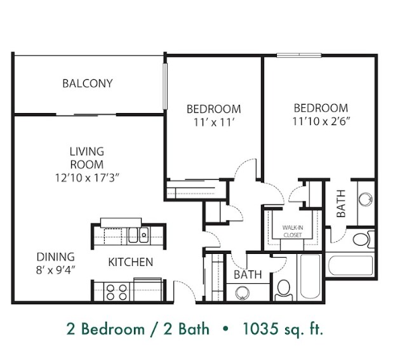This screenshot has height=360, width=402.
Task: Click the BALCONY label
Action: (88, 83)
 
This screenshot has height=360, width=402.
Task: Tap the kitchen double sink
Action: (138, 236)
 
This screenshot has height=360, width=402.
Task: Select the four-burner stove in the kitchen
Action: (116, 291)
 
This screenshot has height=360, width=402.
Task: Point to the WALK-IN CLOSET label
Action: (293, 229)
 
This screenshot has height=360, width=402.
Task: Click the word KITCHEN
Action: (130, 262)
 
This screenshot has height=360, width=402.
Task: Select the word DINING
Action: (55, 257)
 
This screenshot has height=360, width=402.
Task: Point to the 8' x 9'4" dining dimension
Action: (55, 270)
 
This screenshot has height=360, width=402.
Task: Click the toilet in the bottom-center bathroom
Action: (284, 290)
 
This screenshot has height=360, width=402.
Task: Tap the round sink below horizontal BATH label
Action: (243, 293)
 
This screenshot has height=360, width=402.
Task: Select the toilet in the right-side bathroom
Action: (362, 239)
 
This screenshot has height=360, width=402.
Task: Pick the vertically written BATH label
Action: (341, 204)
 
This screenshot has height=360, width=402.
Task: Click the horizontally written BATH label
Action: (248, 275)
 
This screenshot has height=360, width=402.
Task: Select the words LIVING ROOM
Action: (87, 157)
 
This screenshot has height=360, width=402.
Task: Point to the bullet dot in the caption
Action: (224, 330)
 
